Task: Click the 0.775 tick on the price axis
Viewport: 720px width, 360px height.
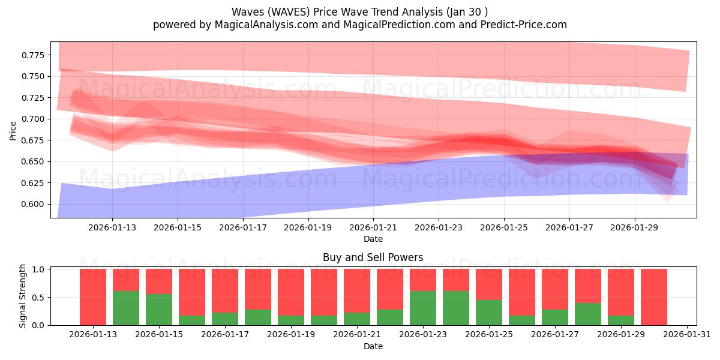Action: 34,55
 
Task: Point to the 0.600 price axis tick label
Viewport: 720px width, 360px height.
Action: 34,204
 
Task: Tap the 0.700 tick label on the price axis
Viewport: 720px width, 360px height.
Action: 34,119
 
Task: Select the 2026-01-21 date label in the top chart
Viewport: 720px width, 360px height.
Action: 373,227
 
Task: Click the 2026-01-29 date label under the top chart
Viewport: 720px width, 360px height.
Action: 635,227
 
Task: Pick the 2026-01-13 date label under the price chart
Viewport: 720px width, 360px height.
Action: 112,227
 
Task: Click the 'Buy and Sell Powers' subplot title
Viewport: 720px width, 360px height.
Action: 373,257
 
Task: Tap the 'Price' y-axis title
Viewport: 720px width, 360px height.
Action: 13,130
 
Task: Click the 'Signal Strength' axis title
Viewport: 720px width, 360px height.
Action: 23,296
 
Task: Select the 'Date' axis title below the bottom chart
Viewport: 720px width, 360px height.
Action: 373,346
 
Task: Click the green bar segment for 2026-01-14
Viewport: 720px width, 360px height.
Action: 126,308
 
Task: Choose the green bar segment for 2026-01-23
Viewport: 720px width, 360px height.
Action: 423,308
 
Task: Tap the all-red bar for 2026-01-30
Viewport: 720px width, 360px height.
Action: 654,297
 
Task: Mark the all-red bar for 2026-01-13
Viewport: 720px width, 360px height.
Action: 93,297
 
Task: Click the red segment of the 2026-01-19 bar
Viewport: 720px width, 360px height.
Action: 291,291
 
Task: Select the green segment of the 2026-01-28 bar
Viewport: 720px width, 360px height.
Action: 588,314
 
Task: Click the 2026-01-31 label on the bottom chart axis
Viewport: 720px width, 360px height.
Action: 687,334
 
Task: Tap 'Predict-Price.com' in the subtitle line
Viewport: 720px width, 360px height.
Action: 526,25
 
